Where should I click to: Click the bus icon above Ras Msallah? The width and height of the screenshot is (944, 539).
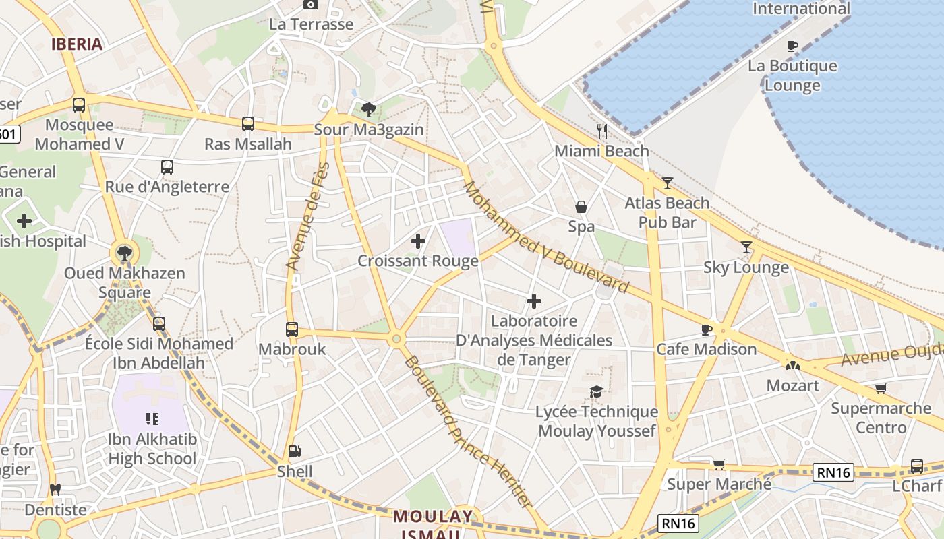click(248, 123)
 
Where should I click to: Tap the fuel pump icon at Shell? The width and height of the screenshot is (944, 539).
click(294, 451)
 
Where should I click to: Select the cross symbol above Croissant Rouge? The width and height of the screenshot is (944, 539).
click(418, 241)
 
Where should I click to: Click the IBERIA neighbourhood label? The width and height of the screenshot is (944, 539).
click(78, 44)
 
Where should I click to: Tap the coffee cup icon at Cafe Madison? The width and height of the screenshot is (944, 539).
click(706, 329)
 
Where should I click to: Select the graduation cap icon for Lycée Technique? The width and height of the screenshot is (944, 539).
click(596, 391)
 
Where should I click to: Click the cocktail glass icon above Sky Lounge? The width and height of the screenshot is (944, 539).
click(746, 247)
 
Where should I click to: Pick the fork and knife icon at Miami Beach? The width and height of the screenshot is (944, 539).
click(602, 131)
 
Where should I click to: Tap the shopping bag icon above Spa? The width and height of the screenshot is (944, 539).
click(581, 207)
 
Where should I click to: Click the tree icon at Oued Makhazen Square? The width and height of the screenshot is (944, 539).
click(124, 253)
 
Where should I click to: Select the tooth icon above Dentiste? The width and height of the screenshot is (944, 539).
click(55, 489)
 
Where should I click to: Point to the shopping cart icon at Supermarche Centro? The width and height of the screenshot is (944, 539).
click(881, 388)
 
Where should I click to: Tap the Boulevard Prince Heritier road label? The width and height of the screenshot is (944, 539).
click(467, 431)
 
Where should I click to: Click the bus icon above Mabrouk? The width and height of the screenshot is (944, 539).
click(291, 329)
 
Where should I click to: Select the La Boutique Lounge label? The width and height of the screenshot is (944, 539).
click(792, 75)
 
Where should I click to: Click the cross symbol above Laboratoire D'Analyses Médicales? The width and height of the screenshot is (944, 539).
click(534, 300)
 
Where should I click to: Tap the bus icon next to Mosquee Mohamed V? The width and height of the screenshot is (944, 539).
click(79, 104)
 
